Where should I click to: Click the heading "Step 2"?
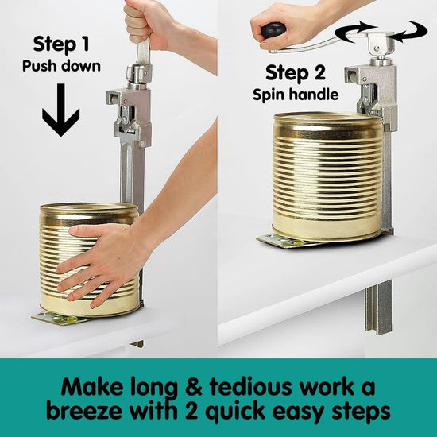tap(295, 74)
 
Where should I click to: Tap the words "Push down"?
tap(61, 66)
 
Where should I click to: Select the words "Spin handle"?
tap(295, 95)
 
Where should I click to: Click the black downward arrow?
tap(61, 110)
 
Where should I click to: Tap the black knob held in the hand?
tap(273, 31)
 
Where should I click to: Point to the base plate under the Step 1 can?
tap(60, 318)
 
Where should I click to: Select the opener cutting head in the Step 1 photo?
tap(128, 111)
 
